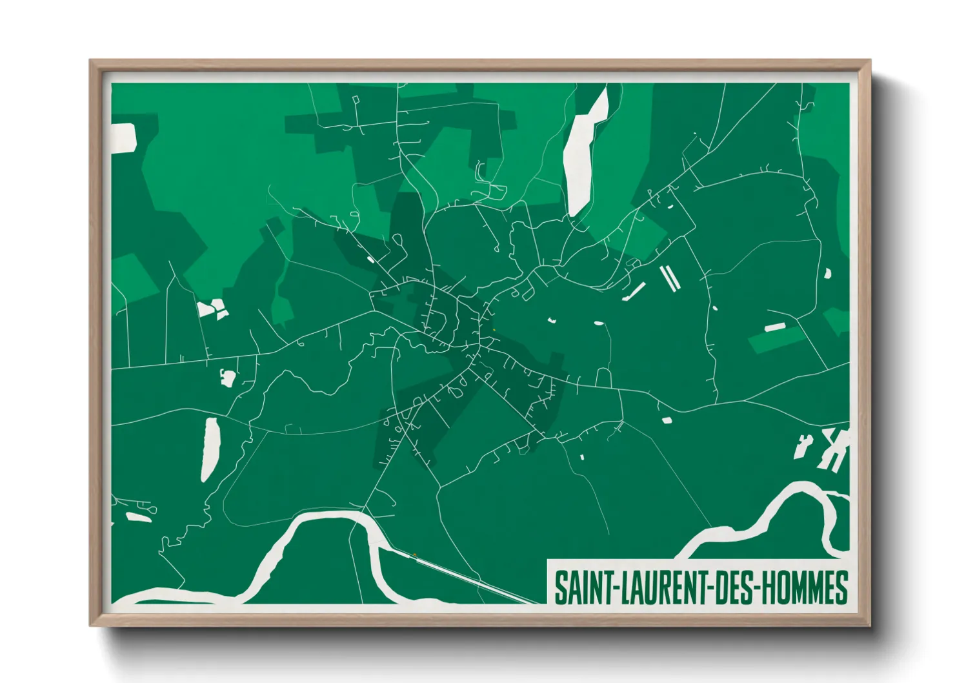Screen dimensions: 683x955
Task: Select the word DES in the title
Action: tap(732, 587)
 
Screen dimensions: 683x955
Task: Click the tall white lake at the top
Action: tap(584, 155)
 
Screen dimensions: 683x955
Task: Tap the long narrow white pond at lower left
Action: tap(210, 449)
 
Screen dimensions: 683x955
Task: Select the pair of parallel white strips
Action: tap(669, 278)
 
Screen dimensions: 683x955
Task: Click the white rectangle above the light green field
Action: tap(774, 327)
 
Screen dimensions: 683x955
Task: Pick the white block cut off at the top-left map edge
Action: tap(123, 138)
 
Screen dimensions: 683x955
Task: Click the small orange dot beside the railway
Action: tap(414, 555)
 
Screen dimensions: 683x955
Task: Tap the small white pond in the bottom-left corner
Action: tap(138, 516)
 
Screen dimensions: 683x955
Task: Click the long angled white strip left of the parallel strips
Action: tap(634, 292)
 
